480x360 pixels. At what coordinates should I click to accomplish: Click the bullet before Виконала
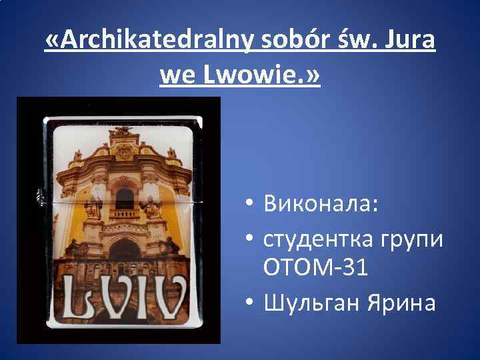247,203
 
